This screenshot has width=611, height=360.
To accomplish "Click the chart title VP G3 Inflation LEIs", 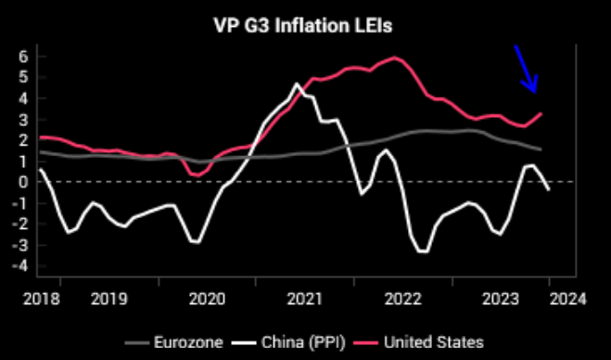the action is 303,26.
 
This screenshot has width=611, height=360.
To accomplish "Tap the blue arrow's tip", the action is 535,93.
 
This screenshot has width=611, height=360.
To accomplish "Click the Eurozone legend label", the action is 188,342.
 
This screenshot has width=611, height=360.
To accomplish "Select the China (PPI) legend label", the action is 303,342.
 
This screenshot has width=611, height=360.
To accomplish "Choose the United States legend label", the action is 434,342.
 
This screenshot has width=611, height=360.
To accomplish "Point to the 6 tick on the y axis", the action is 23,57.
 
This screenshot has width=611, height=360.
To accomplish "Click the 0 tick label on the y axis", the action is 23,182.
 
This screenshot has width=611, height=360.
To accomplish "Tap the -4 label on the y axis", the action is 21,266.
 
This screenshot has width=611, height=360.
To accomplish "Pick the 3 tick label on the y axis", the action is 23,120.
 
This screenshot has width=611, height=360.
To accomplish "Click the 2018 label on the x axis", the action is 42,299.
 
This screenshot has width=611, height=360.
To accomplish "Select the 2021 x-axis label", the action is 305,299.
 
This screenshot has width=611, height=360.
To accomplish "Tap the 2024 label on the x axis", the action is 567,299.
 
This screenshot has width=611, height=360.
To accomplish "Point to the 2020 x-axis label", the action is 207,299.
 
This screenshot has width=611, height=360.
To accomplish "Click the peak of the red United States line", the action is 395,58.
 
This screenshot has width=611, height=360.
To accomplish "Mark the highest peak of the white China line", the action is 297,84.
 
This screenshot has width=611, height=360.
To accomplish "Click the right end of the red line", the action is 541,113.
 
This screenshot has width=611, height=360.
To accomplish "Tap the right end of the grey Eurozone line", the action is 541,149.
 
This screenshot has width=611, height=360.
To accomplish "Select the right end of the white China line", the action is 549,190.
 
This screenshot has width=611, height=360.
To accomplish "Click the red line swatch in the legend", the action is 365,343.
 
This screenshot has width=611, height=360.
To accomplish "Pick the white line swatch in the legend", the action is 244,343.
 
